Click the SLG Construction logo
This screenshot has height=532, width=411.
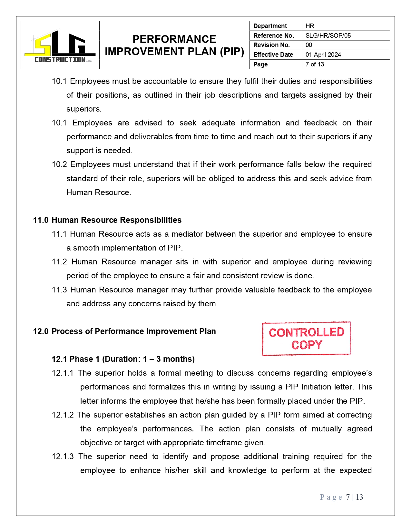pos(60,45)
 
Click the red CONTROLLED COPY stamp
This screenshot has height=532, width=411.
pos(306,339)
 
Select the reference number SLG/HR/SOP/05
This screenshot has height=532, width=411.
pos(328,35)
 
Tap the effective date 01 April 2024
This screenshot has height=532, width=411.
pos(323,54)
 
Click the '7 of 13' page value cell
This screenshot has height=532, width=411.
pos(315,64)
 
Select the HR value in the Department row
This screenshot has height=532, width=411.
pos(310,26)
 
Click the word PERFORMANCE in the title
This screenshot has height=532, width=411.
pos(174,39)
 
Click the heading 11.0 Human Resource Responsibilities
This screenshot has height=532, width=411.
pos(107,220)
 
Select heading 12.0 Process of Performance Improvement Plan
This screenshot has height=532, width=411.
pos(124,331)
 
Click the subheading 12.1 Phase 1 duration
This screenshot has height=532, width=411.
pos(123,359)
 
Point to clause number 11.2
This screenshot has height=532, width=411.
pos(59,262)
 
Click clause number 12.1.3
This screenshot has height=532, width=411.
pos(63,457)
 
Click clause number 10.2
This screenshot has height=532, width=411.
pos(59,164)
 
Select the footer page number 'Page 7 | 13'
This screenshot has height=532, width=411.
pos(341,497)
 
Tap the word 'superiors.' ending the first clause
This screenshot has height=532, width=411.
pos(84,109)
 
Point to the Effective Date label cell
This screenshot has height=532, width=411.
pos(273,54)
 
